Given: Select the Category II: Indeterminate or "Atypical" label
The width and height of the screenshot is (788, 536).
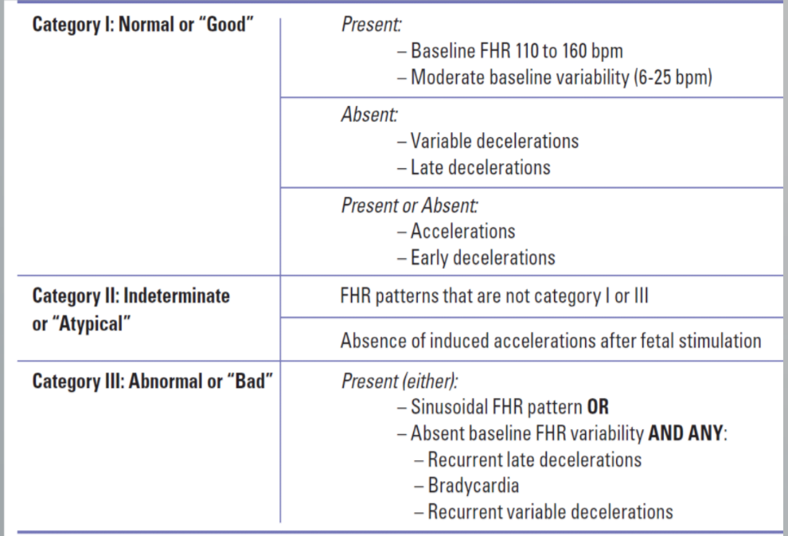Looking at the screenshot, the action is (131, 308).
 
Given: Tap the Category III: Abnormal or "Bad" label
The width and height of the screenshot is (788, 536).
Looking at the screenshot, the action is (152, 381).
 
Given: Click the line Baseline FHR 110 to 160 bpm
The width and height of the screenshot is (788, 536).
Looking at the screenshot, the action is (516, 52).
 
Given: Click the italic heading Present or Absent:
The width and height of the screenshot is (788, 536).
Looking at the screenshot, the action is (409, 205).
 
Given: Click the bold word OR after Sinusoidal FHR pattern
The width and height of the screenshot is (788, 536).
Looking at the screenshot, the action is (598, 408).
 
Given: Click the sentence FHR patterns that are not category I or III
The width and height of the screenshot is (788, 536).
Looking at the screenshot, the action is (493, 296).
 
